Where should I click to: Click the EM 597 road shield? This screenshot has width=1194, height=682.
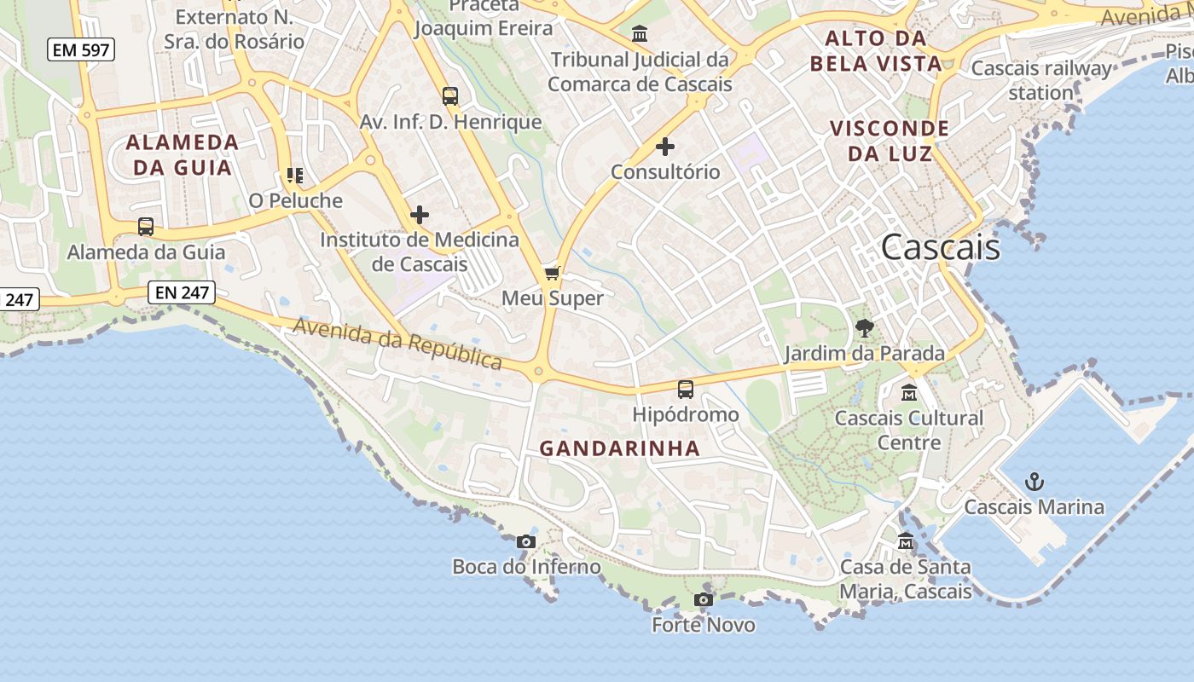click(81, 50)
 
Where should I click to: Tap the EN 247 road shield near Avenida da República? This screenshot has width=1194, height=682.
click(182, 293)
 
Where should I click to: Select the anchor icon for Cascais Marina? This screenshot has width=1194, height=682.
click(1034, 483)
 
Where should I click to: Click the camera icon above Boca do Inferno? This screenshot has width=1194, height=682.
click(526, 541)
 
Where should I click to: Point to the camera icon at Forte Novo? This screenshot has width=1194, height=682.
click(704, 600)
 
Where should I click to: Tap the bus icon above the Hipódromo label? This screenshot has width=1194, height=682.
click(685, 390)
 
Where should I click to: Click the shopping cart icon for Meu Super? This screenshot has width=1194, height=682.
click(552, 274)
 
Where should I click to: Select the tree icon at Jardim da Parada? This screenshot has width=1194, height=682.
click(865, 328)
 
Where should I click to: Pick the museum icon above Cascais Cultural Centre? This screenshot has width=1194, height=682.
click(909, 393)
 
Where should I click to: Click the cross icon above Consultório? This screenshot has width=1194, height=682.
click(665, 147)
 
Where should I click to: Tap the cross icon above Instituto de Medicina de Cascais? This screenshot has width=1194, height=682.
click(420, 215)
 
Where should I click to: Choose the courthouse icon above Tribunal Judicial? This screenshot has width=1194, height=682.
click(640, 35)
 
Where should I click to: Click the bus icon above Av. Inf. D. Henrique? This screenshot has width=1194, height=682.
click(450, 96)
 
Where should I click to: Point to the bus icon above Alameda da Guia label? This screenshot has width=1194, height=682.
click(146, 227)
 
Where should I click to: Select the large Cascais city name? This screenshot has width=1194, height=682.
click(940, 247)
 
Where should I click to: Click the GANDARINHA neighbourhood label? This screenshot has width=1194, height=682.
click(620, 448)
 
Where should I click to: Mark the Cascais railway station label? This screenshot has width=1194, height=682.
click(1041, 80)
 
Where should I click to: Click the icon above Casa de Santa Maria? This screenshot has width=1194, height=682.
click(906, 542)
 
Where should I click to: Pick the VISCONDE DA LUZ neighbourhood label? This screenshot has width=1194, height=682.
click(890, 141)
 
